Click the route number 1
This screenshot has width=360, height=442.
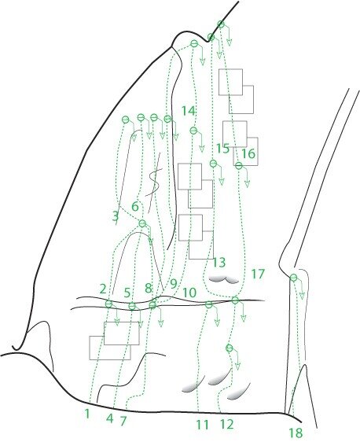tap(87, 414)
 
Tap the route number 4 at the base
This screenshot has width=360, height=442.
tap(110, 418)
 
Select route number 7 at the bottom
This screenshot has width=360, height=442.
tap(123, 422)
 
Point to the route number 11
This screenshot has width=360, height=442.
tap(202, 425)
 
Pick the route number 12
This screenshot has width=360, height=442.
tap(226, 424)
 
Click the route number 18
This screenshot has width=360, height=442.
tap(296, 433)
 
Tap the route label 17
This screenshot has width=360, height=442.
tap(258, 274)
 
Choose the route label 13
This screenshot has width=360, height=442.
tap(219, 263)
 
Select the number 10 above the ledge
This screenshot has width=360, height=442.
tap(189, 293)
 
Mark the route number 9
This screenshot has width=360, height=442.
tap(174, 284)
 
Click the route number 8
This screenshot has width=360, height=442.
tap(149, 288)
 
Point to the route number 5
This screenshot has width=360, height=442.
tap(127, 293)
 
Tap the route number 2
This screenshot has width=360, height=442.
tap(103, 289)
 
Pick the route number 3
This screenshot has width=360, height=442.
tap(116, 217)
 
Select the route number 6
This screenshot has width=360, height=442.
tap(135, 207)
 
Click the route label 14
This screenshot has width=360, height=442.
tap(189, 111)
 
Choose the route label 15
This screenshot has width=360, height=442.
tap(222, 149)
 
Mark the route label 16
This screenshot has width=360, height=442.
tap(248, 153)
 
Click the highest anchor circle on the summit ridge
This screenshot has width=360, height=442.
tap(221, 24)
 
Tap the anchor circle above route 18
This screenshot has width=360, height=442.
tap(293, 278)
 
